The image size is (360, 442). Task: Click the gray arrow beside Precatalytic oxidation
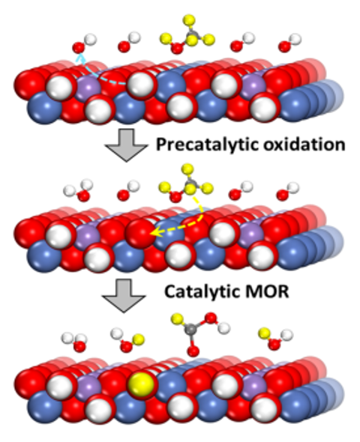click(126, 145)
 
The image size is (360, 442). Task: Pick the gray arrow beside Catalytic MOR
click(124, 296)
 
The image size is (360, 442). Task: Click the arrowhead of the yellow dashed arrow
click(154, 232)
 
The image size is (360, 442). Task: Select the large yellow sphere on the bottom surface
click(142, 384)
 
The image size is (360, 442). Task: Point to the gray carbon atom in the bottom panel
click(190, 330)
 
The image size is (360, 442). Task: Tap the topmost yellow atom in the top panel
click(189, 20)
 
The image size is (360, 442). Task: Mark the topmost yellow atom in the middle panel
click(187, 170)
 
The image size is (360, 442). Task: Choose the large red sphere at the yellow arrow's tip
click(139, 233)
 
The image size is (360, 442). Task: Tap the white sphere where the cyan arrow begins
click(140, 85)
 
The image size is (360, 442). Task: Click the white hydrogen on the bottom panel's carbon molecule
click(224, 328)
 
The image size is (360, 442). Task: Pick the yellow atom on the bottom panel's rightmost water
click(265, 333)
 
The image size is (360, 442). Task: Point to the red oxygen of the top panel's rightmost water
click(284, 46)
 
